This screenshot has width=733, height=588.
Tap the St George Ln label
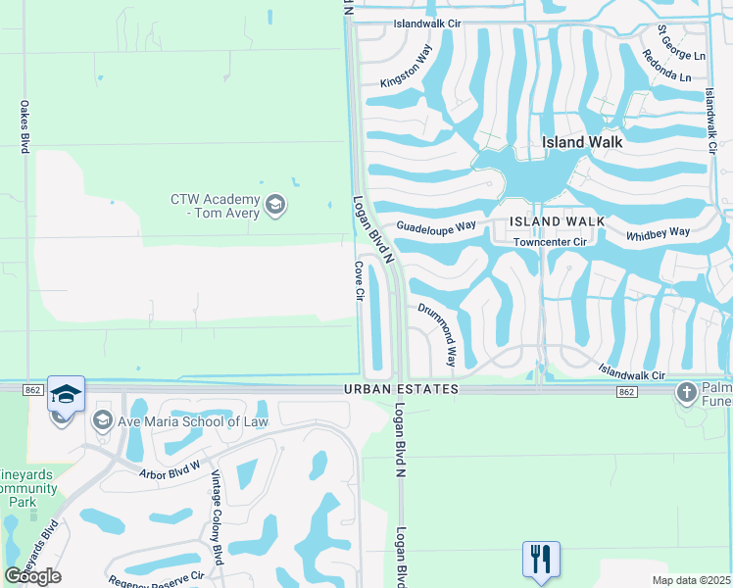(682, 43)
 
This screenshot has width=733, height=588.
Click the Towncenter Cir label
(549, 240)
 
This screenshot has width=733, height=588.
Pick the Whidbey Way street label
(659, 233)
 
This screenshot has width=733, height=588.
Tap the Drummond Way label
(438, 333)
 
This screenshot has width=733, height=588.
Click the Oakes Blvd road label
(24, 125)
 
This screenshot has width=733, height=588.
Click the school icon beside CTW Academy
(275, 205)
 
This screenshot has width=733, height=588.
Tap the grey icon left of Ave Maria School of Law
(102, 421)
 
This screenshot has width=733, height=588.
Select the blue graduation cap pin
(66, 393)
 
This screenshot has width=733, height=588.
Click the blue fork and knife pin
(541, 559)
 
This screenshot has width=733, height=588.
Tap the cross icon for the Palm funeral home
(686, 394)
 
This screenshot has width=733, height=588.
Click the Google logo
(33, 576)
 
